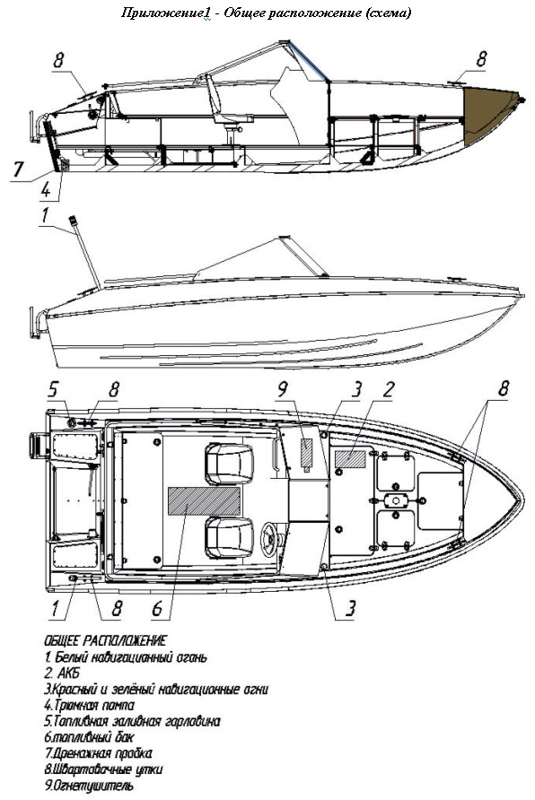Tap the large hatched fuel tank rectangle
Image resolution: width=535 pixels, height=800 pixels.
click(204, 500)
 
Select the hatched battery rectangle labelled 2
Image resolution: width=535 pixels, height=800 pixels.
click(350, 458)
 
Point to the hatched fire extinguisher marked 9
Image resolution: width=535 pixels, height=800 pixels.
click(306, 453)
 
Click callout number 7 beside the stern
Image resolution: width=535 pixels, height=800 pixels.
click(18, 169)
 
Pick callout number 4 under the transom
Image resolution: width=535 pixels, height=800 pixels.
click(46, 190)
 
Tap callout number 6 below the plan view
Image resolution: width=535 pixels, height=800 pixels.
click(157, 608)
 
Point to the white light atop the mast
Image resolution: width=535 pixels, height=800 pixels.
click(73, 220)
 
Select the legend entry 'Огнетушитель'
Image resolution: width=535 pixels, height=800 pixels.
click(89, 785)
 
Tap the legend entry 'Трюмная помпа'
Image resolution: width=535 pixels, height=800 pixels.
click(90, 705)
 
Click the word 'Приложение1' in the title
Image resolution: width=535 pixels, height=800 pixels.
click(165, 13)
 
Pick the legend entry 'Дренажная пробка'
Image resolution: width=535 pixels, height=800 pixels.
click(98, 753)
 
